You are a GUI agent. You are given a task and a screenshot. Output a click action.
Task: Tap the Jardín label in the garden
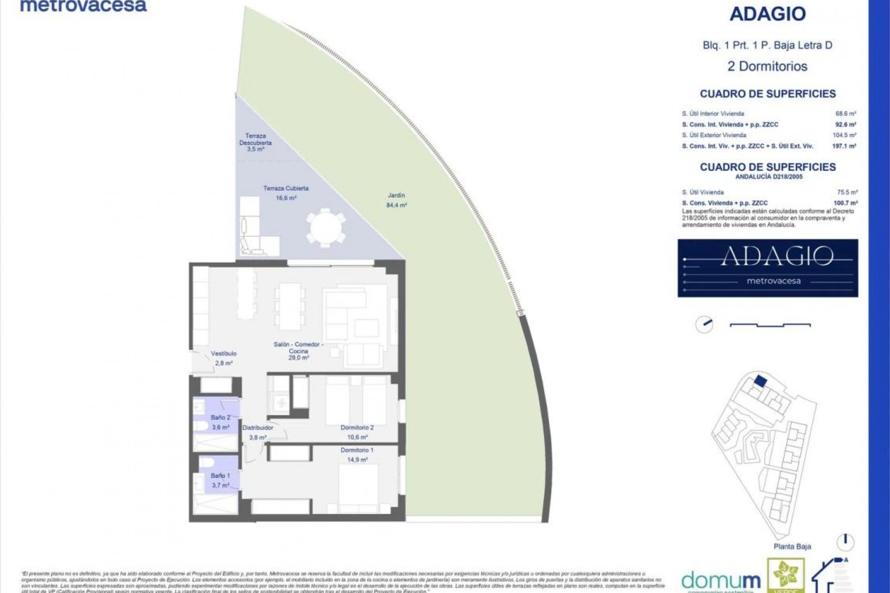tap(396, 196)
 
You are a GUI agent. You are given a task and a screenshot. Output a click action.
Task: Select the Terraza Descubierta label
tap(255, 139)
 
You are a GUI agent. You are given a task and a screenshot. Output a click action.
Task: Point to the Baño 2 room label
tap(220, 418)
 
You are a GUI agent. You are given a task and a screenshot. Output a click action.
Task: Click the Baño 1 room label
tap(220, 476)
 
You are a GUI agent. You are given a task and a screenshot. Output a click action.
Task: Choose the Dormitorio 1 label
tap(357, 450)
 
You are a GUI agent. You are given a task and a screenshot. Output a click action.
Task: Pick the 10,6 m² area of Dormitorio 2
tap(357, 437)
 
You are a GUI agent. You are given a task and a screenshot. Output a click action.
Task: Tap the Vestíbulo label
tap(224, 353)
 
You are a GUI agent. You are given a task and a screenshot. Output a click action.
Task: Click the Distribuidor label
tap(258, 428)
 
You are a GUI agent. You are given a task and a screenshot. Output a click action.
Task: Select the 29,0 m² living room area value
tap(299, 358)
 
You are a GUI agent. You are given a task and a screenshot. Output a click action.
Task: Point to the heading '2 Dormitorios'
tap(768, 66)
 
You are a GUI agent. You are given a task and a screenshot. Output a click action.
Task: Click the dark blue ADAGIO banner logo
tap(768, 268)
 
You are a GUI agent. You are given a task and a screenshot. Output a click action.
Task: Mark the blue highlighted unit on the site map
tap(759, 381)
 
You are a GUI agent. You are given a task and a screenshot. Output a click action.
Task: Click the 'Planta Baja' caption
tap(792, 547)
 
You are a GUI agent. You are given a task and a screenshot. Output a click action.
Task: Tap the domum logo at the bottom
tap(721, 580)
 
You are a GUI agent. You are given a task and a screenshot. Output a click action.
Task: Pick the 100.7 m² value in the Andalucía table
tap(845, 203)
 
